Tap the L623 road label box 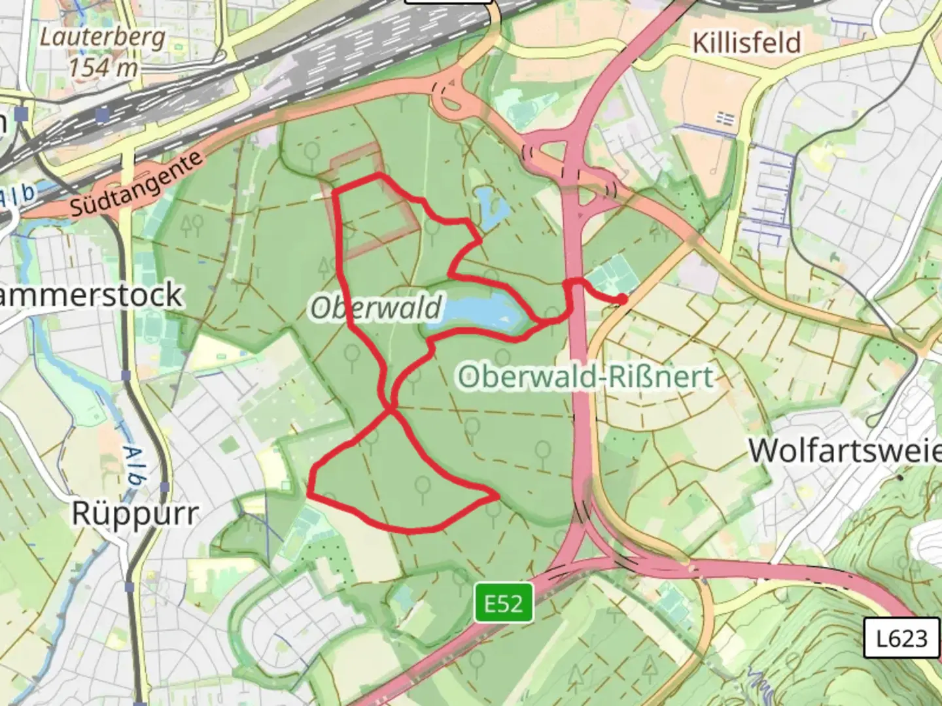pyautogui.click(x=901, y=637)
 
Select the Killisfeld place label pyautogui.click(x=746, y=43)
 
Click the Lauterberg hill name pyautogui.click(x=103, y=37)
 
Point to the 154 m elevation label pyautogui.click(x=103, y=67)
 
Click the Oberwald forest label pyautogui.click(x=376, y=307)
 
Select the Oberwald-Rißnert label pyautogui.click(x=585, y=377)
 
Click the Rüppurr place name pyautogui.click(x=134, y=514)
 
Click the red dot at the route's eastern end pyautogui.click(x=621, y=299)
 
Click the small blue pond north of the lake pyautogui.click(x=494, y=208)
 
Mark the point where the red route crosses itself pyautogui.click(x=391, y=409)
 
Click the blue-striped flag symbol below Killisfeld pyautogui.click(x=724, y=118)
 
